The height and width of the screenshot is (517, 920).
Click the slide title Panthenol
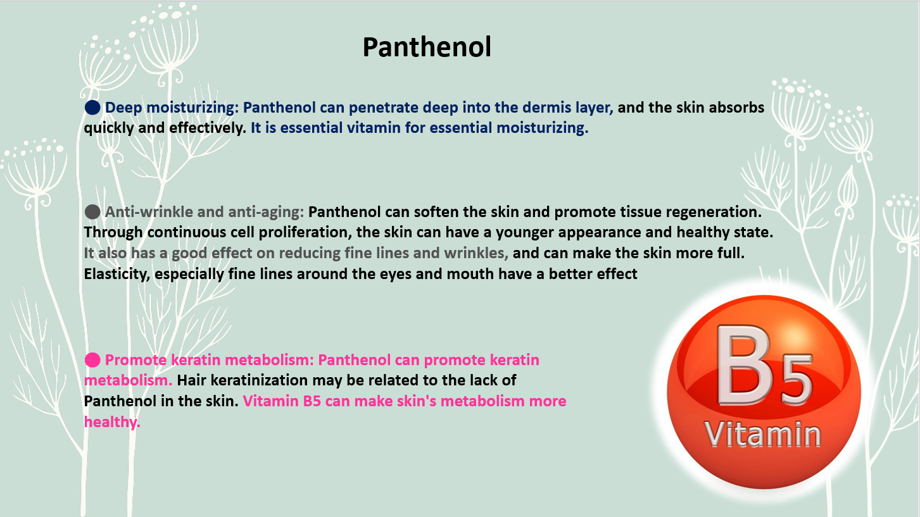[x=427, y=47]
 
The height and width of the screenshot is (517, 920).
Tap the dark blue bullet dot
[x=92, y=108]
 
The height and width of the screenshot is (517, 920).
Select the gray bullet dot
[x=92, y=212]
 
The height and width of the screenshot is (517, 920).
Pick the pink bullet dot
[x=92, y=360]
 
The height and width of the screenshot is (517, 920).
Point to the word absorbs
[x=736, y=108]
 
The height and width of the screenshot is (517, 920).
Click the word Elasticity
[x=117, y=274]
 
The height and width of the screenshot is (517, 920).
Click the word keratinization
[x=259, y=380]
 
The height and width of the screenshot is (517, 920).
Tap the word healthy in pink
[x=112, y=422]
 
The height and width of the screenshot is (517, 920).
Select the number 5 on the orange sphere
[x=796, y=380]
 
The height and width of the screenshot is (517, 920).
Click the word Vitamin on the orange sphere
[x=763, y=433]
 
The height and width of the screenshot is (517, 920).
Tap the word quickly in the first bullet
[x=109, y=128]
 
